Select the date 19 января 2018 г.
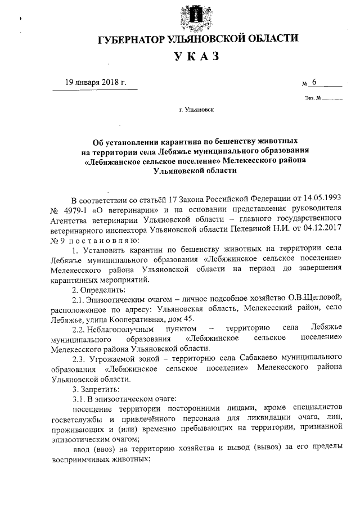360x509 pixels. tap(95, 82)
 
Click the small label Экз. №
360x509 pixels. tap(313, 98)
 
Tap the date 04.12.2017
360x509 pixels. tap(319, 229)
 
